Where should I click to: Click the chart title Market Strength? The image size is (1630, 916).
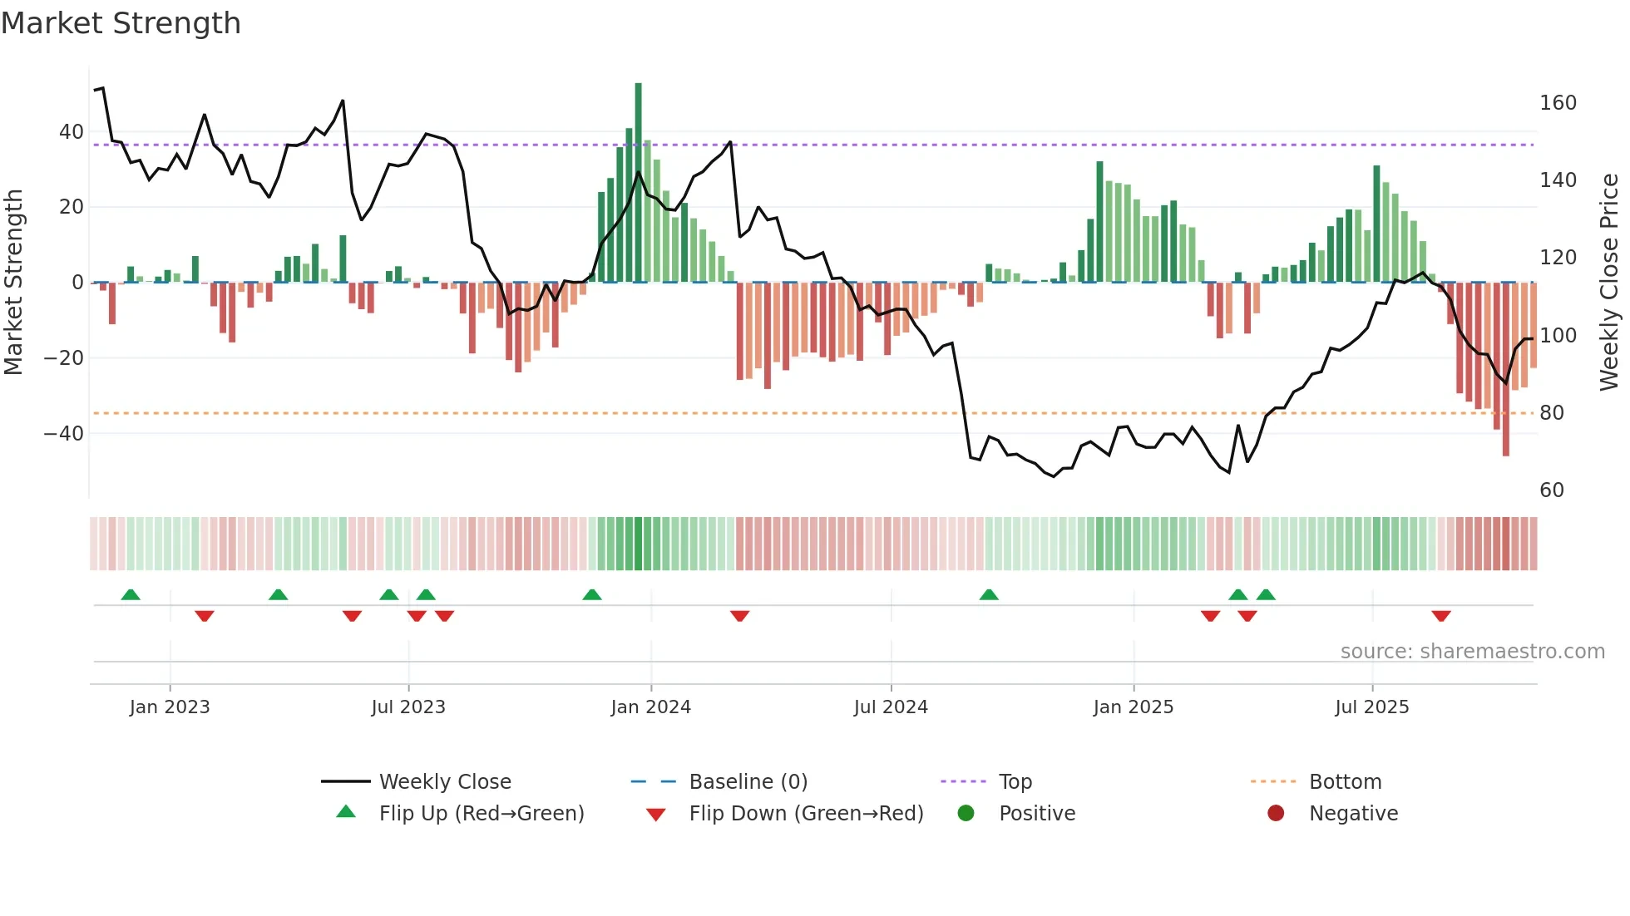point(121,23)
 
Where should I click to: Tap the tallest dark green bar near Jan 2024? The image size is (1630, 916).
point(638,183)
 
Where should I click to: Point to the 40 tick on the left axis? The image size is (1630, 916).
point(72,132)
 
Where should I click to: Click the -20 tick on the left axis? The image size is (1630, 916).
point(64,358)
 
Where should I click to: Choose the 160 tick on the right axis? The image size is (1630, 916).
point(1558,103)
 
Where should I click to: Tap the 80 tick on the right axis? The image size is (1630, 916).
point(1551,413)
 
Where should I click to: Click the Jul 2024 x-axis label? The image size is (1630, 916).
point(890,707)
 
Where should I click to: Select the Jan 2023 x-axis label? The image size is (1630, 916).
point(170,707)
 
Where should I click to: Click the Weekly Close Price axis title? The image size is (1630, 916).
point(1609,283)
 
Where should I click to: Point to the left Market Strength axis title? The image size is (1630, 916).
point(13,283)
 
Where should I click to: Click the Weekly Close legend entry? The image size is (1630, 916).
point(444,782)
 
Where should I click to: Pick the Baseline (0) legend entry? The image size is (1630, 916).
point(748,782)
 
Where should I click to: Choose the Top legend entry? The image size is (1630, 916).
point(1015,782)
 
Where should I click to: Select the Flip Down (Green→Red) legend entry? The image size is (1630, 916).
point(805,814)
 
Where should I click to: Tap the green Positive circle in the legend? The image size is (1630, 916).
point(966,814)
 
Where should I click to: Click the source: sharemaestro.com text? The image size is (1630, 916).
point(1472,652)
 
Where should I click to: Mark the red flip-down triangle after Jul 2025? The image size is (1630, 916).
point(1441,616)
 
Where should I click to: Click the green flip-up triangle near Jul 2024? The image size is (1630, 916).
point(989,594)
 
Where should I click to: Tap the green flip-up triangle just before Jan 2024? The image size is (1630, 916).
point(592,594)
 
